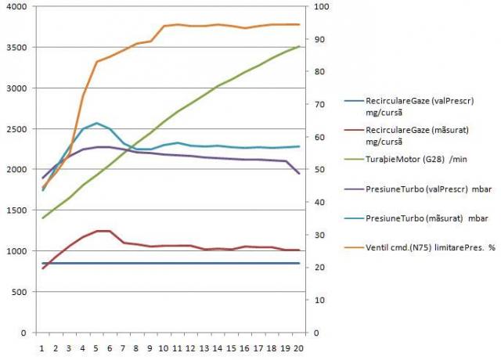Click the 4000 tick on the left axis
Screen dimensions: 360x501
coord(17,7)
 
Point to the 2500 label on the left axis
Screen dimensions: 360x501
coord(17,129)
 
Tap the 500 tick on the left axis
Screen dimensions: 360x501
coord(20,292)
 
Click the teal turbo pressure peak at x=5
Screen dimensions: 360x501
coord(96,123)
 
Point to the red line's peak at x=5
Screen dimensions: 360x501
coord(96,231)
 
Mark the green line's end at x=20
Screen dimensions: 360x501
coord(298,47)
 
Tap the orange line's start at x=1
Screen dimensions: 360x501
coord(43,188)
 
